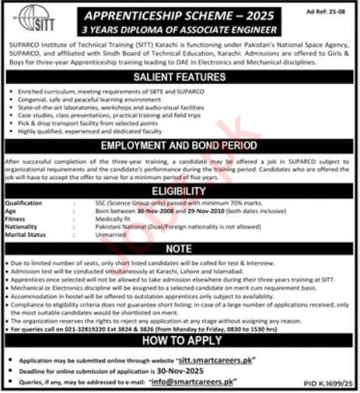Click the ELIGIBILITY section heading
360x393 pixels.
point(180,191)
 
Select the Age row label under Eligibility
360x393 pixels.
point(15,211)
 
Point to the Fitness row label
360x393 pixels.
point(18,219)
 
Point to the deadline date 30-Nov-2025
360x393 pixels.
point(197,371)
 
